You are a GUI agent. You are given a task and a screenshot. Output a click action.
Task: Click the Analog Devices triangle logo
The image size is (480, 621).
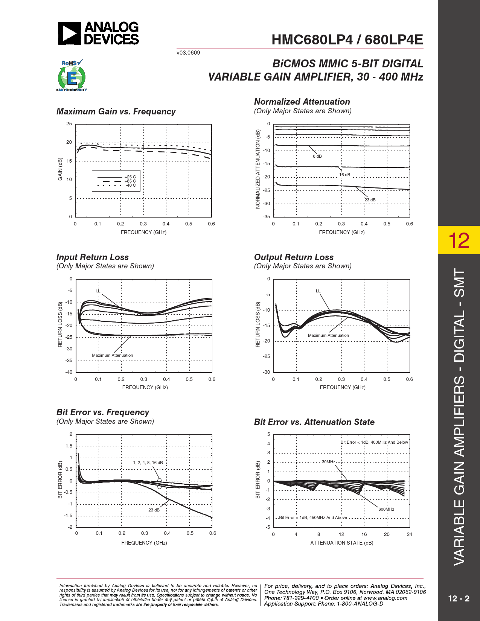[x=69, y=33]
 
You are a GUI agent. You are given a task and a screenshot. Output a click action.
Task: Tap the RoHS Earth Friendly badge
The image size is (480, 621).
[x=72, y=76]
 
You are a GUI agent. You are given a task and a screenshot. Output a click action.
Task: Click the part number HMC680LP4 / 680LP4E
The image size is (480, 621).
[x=347, y=40]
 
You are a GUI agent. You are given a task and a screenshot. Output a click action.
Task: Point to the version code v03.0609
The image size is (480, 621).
[x=188, y=53]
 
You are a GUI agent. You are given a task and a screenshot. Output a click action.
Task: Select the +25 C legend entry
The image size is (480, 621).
[x=130, y=177]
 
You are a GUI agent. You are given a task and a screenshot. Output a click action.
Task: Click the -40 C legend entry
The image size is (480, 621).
[x=130, y=185]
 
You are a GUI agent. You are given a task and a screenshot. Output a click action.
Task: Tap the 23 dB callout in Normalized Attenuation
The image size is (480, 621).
[x=370, y=200]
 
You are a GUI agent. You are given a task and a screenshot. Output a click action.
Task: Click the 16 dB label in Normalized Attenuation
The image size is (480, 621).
[x=344, y=175]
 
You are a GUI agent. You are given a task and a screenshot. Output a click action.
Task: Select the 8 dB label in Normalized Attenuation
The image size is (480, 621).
[x=317, y=156]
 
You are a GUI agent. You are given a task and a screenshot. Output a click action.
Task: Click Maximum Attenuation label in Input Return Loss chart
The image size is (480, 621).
[x=112, y=355]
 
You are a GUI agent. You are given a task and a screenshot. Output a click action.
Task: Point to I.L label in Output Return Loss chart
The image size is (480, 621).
[x=318, y=291]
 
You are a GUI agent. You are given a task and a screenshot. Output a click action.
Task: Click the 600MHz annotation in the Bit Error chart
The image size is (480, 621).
[x=386, y=509]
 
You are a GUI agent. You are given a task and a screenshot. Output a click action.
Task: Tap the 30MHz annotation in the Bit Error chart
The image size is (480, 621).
[x=328, y=462]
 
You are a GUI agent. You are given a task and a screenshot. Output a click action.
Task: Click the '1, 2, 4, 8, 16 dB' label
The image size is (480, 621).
[x=148, y=463]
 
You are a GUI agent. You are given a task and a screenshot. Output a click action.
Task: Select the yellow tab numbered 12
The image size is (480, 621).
[x=459, y=240]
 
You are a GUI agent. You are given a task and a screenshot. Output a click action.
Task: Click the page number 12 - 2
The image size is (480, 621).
[x=459, y=599]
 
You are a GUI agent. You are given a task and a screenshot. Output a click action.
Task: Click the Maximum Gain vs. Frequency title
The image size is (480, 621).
[x=116, y=111]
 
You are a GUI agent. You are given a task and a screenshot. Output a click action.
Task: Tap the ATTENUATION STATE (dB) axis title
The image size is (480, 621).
[x=341, y=543]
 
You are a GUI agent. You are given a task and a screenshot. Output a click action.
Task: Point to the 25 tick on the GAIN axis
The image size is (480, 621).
[x=69, y=124]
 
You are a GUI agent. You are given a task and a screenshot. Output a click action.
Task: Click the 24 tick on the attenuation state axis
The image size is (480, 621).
[x=409, y=534]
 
